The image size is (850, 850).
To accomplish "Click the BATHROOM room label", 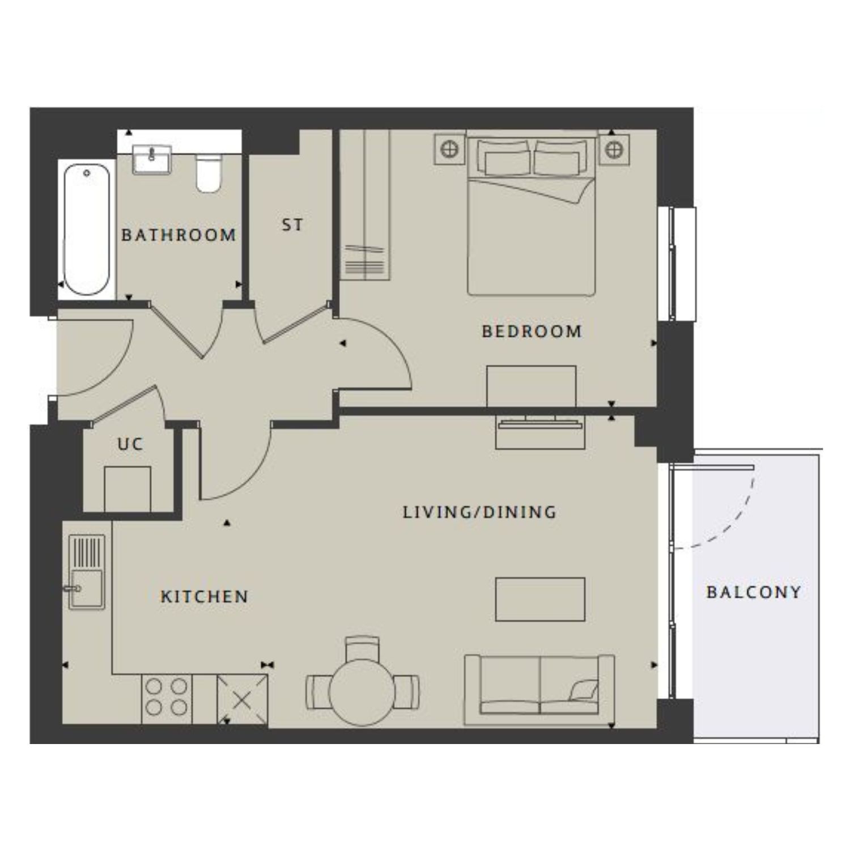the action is (178, 235).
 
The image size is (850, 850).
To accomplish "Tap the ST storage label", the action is (292, 225).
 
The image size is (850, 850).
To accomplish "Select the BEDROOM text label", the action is (532, 331).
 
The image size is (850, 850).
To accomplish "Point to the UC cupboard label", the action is (130, 444).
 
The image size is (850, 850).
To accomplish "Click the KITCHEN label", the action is (205, 596).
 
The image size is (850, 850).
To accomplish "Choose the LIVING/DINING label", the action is (479, 512).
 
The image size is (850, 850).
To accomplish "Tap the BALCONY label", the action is (754, 592).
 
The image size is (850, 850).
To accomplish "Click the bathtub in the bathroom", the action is (87, 229).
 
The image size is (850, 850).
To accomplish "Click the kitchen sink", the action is (86, 572).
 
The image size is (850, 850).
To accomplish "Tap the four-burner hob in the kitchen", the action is (167, 698).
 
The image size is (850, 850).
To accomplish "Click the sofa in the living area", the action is (539, 689).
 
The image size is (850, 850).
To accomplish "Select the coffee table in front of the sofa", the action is (540, 600).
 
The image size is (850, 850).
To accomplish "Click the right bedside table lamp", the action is (614, 150).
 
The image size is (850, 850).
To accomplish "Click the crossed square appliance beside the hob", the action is (242, 699).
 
